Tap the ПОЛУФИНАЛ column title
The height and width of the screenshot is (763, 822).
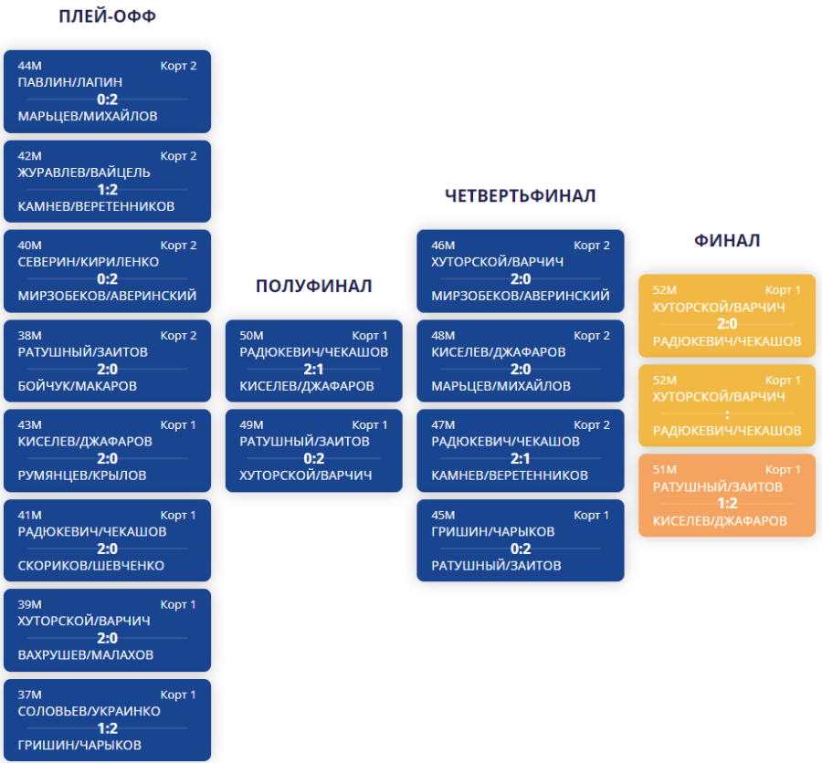313,287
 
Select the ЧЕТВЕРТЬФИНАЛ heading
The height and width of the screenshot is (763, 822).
520,196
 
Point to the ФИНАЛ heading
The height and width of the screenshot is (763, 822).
727,241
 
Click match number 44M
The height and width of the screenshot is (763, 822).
30,66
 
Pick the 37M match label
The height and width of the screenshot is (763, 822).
30,695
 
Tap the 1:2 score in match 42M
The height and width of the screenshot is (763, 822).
108,189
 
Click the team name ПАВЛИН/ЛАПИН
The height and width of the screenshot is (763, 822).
70,82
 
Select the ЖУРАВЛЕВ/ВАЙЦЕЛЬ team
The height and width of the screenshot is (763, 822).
84,172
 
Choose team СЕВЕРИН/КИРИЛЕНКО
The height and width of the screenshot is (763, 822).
89,262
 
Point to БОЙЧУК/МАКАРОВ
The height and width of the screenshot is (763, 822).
78,386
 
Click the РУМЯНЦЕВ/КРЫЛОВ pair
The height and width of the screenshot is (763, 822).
82,476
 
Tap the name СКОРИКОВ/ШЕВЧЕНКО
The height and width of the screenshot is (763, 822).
91,566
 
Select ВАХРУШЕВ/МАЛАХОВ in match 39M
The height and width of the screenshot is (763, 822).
86,655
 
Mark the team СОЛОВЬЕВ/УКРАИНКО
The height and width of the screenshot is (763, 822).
90,711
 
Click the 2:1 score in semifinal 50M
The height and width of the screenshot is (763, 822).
313,369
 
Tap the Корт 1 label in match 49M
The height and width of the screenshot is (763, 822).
370,424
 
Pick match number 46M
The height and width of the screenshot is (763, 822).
443,245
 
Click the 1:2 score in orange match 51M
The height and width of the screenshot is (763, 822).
727,503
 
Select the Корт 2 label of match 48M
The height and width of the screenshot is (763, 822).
592,335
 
